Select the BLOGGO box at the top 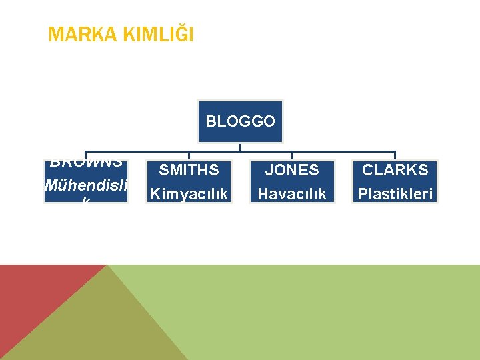240,121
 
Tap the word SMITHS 189,171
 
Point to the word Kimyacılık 189,194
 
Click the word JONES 292,171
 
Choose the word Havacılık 292,194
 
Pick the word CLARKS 395,171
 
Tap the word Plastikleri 395,194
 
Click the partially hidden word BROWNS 86,163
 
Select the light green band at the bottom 333,313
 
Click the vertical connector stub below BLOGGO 240,147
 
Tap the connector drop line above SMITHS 189,156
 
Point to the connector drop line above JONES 292,156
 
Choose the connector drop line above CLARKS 395,156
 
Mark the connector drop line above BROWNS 86,155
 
